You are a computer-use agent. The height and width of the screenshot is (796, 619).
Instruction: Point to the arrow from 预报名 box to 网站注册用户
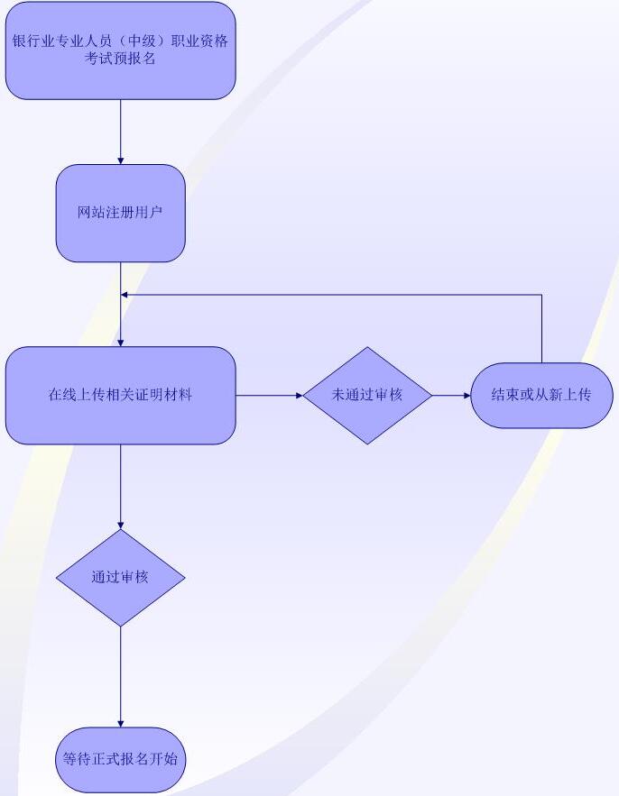point(120,132)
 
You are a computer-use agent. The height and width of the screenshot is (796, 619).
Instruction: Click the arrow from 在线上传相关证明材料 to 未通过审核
point(269,395)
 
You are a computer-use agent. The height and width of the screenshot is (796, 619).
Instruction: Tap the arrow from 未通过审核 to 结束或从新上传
point(451,395)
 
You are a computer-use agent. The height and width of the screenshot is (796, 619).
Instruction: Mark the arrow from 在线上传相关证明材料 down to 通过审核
point(120,487)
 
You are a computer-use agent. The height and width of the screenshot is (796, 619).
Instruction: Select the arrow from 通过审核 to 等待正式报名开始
point(120,676)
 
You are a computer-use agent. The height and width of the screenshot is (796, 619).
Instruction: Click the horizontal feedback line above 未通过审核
point(334,295)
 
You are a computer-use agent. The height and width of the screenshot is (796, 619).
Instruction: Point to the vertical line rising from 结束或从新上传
point(541,329)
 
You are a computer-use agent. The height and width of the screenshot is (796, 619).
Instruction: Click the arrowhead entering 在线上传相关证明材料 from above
point(120,342)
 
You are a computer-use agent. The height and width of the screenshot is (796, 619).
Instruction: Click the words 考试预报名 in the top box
point(120,59)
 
